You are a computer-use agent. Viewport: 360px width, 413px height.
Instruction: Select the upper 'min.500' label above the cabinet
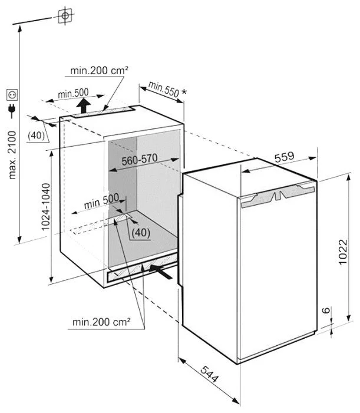(73, 93)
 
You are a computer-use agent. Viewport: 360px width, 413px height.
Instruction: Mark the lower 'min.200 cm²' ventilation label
(101, 322)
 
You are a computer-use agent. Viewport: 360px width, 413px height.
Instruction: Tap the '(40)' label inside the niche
(140, 232)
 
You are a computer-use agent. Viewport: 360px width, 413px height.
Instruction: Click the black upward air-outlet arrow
(85, 106)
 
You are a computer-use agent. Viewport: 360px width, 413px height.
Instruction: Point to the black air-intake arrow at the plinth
(163, 270)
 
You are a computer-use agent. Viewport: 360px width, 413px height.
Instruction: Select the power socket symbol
(12, 94)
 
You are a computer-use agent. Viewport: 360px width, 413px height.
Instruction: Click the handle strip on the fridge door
(278, 194)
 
